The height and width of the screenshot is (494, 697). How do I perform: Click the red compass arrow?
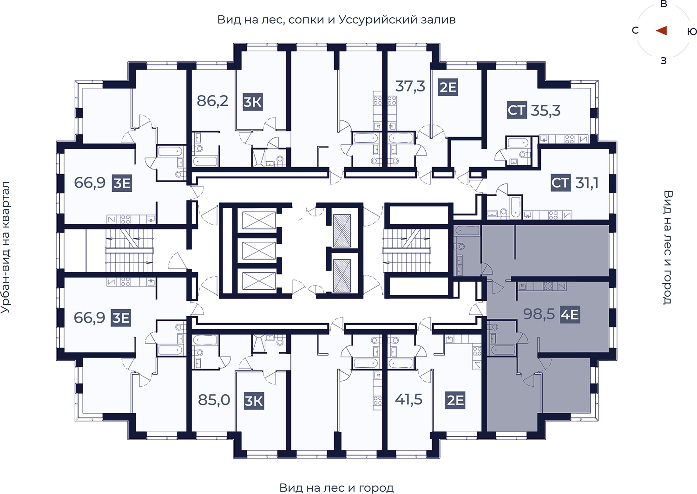(x=662, y=31)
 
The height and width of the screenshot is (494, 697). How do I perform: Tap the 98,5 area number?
(x=539, y=314)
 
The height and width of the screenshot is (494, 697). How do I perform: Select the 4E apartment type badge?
(x=570, y=315)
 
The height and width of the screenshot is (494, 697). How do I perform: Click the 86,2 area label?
(x=212, y=101)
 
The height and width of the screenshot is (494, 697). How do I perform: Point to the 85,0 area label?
(x=214, y=400)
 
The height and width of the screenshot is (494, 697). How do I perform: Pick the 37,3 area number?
(x=410, y=86)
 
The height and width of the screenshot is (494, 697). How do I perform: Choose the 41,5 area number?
(x=408, y=399)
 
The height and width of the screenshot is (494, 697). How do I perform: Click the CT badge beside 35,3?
(x=517, y=110)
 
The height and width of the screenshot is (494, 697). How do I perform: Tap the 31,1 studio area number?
(x=587, y=183)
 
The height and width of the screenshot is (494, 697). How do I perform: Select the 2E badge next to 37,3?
(x=448, y=87)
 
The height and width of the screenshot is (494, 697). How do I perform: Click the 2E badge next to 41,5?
(x=455, y=400)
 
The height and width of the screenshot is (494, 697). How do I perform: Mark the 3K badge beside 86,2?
(x=253, y=102)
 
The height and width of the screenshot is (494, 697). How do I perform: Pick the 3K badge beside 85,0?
(x=254, y=401)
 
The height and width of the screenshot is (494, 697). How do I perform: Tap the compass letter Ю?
(x=692, y=32)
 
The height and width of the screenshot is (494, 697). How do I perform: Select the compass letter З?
(x=664, y=61)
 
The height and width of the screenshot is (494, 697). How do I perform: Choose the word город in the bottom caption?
(x=376, y=488)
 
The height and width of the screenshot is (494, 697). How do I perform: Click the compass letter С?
(x=635, y=31)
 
